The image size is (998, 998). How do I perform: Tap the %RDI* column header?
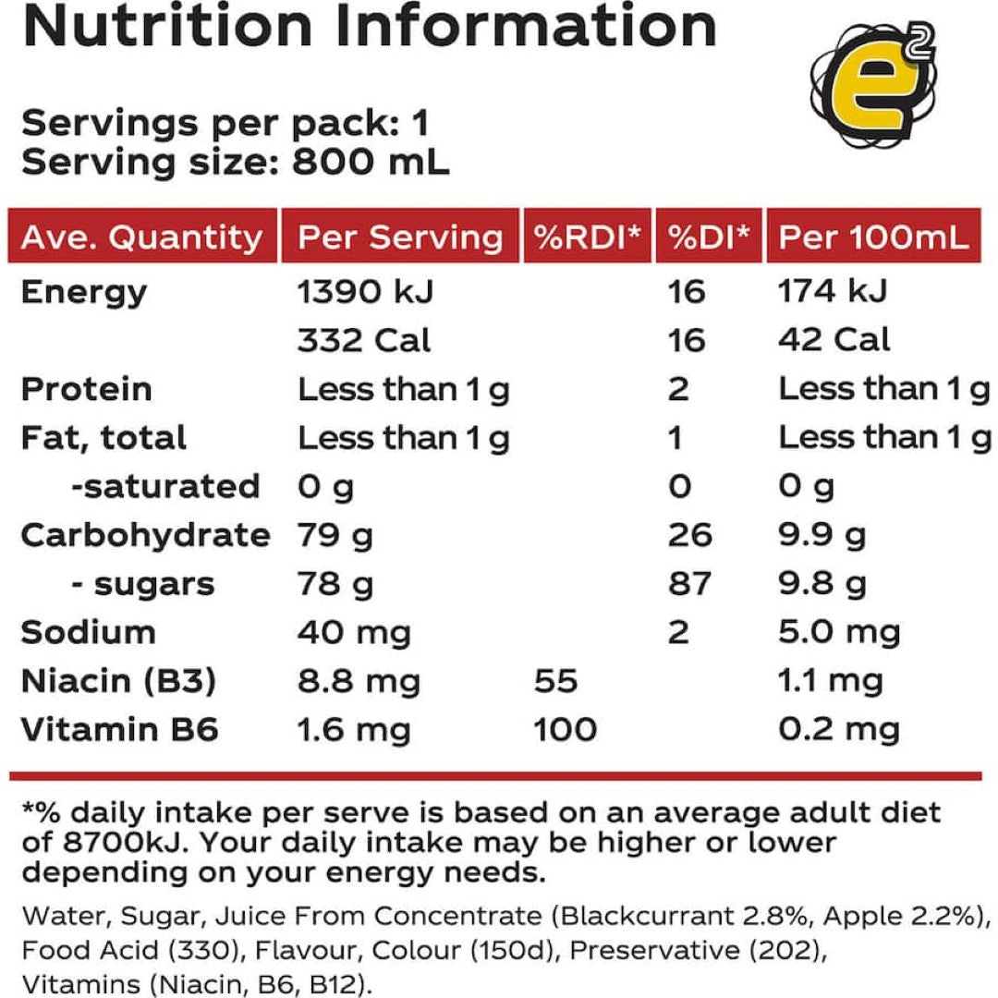tap(587, 237)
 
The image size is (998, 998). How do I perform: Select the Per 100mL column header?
tap(874, 237)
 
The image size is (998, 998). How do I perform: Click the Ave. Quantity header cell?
tap(141, 237)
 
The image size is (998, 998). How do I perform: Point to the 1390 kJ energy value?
tap(365, 292)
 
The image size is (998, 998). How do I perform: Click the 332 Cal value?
tap(363, 340)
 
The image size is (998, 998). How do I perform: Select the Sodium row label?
tap(88, 633)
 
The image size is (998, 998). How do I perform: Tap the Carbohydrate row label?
tap(145, 535)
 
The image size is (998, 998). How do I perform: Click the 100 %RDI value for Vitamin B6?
tap(565, 730)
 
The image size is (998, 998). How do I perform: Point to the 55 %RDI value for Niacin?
tap(555, 682)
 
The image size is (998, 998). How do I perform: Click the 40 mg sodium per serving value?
tap(354, 633)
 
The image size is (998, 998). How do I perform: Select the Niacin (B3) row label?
tap(118, 682)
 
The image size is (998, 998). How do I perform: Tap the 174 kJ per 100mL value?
tap(833, 292)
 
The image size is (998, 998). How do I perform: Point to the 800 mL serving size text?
tap(371, 163)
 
